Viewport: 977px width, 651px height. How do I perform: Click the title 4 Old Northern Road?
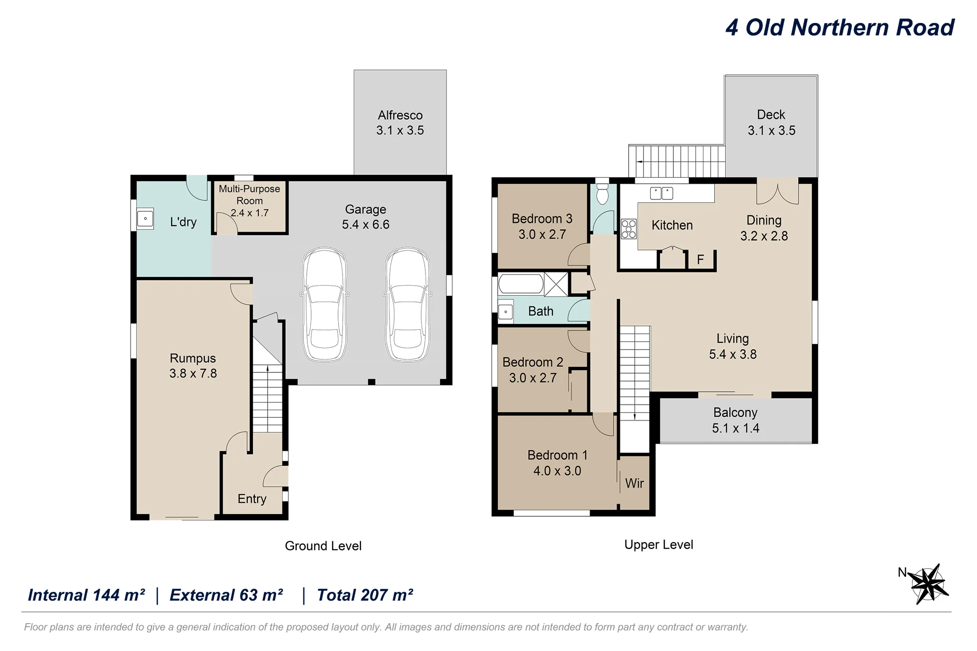tap(839, 27)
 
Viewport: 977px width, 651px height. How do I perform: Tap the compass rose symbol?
tap(928, 584)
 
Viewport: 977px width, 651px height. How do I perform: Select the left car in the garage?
tap(324, 305)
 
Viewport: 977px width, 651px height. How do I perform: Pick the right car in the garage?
tap(407, 305)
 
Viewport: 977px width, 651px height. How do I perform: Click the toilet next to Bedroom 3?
tap(602, 194)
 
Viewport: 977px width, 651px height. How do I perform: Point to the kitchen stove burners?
tap(629, 229)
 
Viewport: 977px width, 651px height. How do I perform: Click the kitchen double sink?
tap(661, 193)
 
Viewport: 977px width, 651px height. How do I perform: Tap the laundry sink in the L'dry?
tap(145, 219)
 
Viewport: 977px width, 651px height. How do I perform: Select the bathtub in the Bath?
tap(521, 284)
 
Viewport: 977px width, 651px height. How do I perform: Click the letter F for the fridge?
tap(700, 259)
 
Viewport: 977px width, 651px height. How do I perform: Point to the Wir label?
tap(634, 483)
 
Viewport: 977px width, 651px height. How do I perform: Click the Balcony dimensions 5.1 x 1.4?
tap(735, 428)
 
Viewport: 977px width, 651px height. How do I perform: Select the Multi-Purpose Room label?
tap(249, 194)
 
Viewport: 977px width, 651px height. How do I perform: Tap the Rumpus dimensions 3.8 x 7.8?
tap(193, 374)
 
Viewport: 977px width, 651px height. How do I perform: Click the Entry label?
tap(252, 499)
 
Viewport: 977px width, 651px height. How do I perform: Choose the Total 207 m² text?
tap(365, 595)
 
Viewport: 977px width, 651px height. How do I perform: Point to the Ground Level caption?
tap(323, 546)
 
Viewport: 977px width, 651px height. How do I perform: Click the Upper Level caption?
tap(658, 545)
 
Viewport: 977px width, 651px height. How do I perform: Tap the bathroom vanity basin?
tap(506, 311)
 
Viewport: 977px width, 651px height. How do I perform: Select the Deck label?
tap(771, 115)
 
